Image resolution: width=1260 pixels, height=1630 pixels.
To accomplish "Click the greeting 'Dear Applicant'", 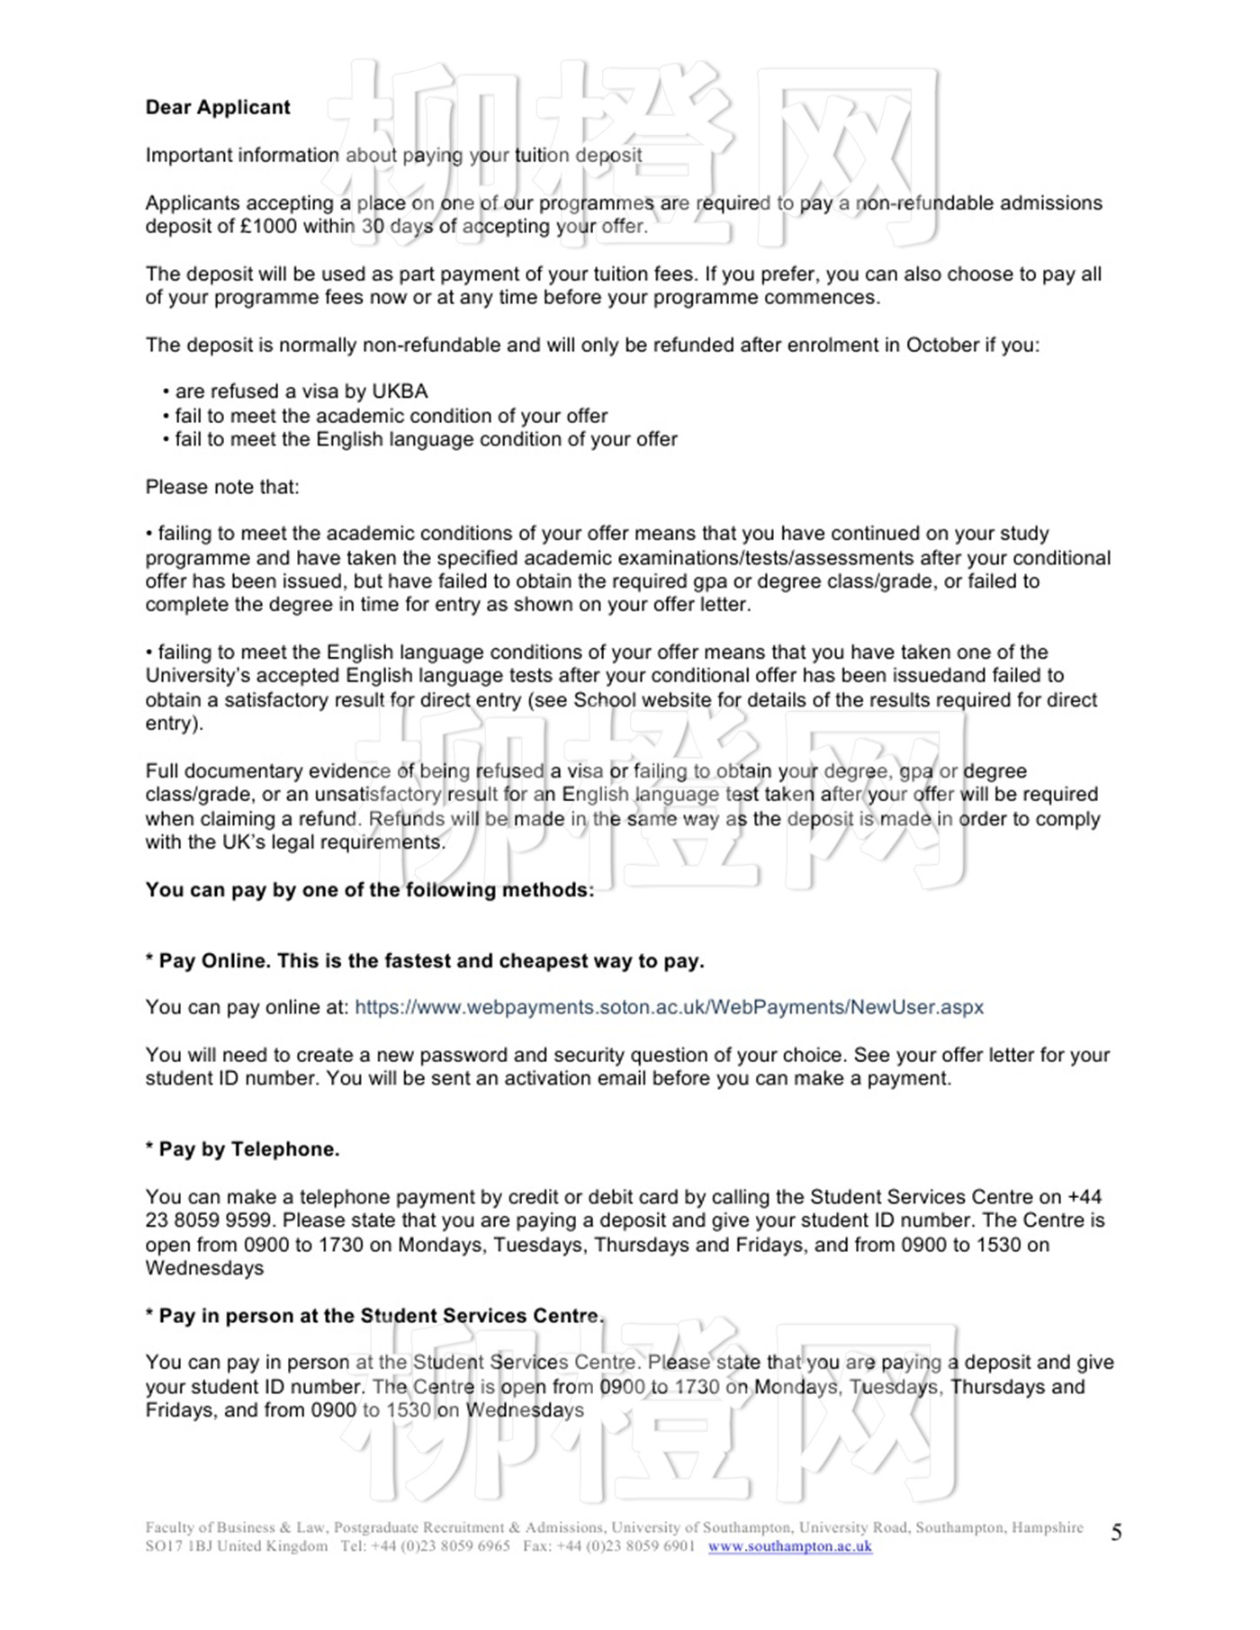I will coord(218,108).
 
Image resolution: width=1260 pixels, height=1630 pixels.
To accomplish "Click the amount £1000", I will coord(268,227).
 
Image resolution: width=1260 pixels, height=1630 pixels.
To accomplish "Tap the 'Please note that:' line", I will coord(222,488).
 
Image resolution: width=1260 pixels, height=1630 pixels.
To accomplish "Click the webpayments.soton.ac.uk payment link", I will coord(669,1008).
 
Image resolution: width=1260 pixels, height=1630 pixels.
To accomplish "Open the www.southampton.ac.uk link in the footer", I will coord(789,1546).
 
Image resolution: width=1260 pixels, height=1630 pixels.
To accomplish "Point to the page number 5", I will coord(1116,1533).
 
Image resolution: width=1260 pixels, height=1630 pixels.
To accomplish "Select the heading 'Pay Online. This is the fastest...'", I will coord(425,961).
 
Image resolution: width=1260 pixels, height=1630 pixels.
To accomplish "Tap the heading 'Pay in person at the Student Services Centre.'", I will coord(374,1317).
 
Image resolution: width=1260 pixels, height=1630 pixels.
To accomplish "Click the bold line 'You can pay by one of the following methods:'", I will coord(370,891).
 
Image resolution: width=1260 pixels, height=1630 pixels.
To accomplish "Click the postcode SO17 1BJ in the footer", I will coord(179,1546).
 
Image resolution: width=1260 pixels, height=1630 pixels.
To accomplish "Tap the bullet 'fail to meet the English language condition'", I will coord(426,440).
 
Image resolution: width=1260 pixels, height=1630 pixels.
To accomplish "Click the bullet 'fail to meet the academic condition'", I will coord(391,417).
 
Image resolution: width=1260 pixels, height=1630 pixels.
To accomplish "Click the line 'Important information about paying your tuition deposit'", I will coord(393,156).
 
